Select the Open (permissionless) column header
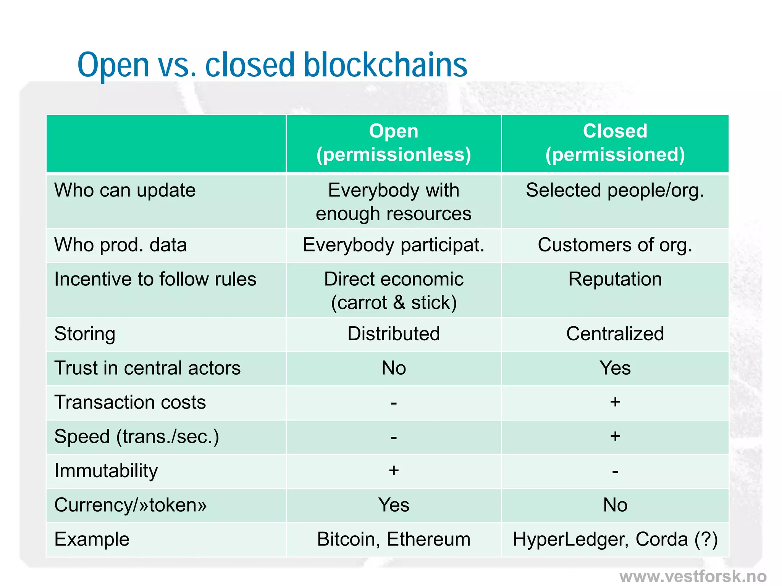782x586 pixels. click(394, 143)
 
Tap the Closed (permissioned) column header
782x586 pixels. click(615, 143)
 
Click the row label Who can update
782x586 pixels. click(125, 190)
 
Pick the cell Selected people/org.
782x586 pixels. click(615, 190)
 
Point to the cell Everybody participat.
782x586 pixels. click(394, 245)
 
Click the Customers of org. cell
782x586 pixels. click(615, 245)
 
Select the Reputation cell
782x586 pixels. click(615, 279)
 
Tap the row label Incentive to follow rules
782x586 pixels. click(155, 279)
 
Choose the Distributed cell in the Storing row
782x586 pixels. click(394, 334)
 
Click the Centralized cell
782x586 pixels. click(615, 334)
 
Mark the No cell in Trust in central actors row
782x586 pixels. click(394, 368)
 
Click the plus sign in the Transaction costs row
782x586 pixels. click(615, 402)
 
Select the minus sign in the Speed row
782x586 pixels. click(394, 437)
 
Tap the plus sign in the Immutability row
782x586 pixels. click(394, 470)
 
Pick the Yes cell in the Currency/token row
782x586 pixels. click(394, 505)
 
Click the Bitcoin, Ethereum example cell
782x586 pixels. click(394, 539)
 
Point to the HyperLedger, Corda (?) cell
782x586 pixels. click(615, 539)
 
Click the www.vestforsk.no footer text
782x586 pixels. click(693, 576)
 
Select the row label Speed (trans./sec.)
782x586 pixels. click(137, 436)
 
